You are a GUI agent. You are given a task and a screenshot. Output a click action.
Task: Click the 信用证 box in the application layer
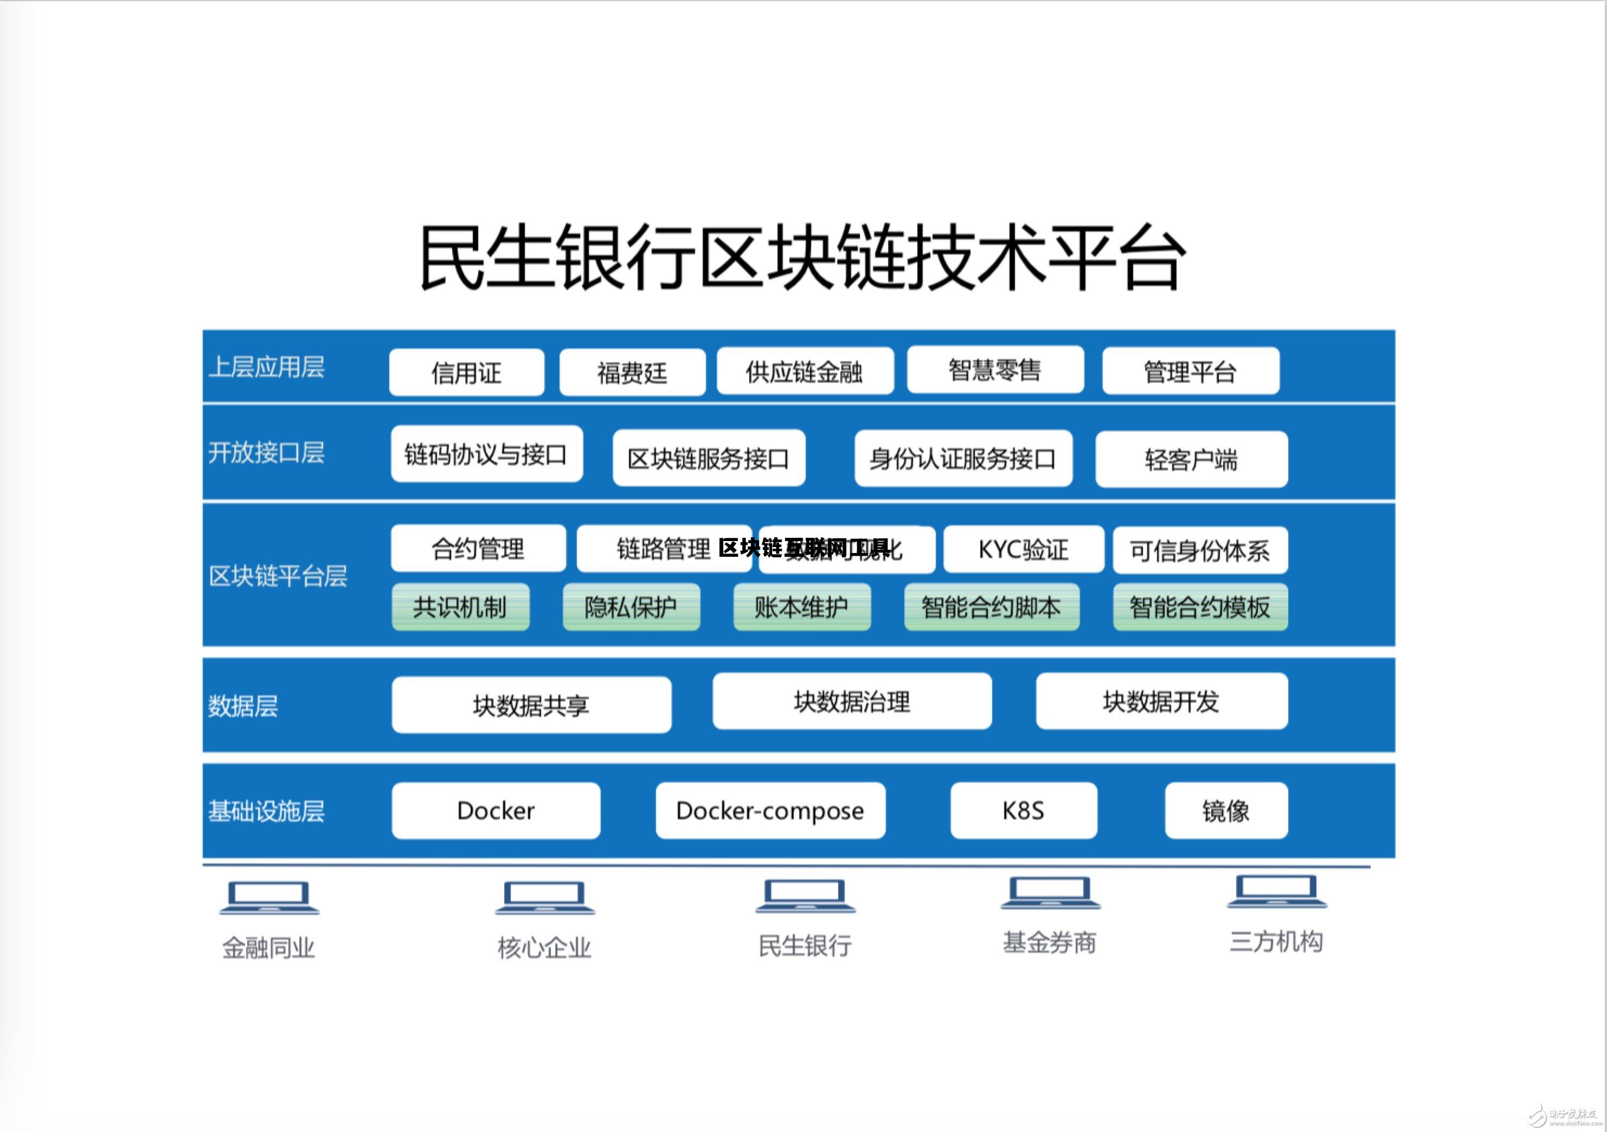466,372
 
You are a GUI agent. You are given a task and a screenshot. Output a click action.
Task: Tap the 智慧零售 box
994,369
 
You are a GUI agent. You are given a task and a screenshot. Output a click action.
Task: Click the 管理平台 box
1190,371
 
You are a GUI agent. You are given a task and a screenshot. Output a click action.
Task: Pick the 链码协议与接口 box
486,454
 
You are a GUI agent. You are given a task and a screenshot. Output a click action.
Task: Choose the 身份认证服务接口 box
962,459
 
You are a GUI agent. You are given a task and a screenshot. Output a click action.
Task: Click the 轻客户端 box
1191,459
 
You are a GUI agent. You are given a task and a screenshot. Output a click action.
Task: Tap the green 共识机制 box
460,606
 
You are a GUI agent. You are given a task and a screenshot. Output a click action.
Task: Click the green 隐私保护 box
631,606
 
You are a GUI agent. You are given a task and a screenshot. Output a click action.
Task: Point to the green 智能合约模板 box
1200,606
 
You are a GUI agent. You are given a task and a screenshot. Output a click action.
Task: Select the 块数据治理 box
851,701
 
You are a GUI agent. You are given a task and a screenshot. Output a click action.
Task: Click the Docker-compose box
770,810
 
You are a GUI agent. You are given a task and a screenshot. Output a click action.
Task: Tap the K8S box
1023,810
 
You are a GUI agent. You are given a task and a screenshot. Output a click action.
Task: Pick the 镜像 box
1225,810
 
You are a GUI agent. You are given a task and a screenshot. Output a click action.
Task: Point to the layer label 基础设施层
266,811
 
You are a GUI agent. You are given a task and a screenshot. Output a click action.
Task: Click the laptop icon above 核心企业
544,897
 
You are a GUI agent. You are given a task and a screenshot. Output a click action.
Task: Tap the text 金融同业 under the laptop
268,948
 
